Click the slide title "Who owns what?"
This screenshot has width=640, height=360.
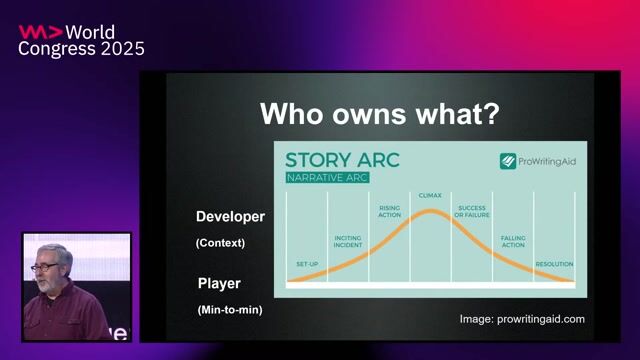pos(379,114)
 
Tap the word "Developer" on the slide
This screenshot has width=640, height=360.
pos(230,216)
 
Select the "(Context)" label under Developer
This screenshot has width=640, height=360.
pos(220,242)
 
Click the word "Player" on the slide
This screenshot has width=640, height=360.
pos(219,284)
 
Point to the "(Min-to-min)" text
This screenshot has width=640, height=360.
pos(230,310)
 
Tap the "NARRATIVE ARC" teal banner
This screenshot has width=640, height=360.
pos(327,178)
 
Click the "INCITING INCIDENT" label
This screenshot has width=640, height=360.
pos(348,242)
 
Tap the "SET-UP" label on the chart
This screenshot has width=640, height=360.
pos(306,263)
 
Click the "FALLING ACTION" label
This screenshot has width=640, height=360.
pos(512,242)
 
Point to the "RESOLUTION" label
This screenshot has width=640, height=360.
pos(554,264)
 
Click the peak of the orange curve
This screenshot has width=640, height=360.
pos(430,211)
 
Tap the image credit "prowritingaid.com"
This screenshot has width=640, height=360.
pos(546,319)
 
